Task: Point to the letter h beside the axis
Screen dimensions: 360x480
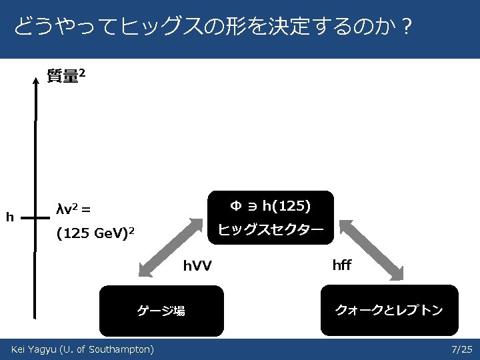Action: (9, 216)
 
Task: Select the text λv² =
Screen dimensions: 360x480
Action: (74, 209)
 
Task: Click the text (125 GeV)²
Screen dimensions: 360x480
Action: (96, 233)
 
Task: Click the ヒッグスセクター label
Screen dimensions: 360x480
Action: (271, 229)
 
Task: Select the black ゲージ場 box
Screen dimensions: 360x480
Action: (161, 310)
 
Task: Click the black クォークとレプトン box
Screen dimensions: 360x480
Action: (389, 310)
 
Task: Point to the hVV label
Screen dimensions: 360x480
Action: (197, 267)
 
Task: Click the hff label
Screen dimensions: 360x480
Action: (341, 265)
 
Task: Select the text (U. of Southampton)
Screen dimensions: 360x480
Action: (107, 349)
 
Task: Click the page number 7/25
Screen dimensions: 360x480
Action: (461, 349)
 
